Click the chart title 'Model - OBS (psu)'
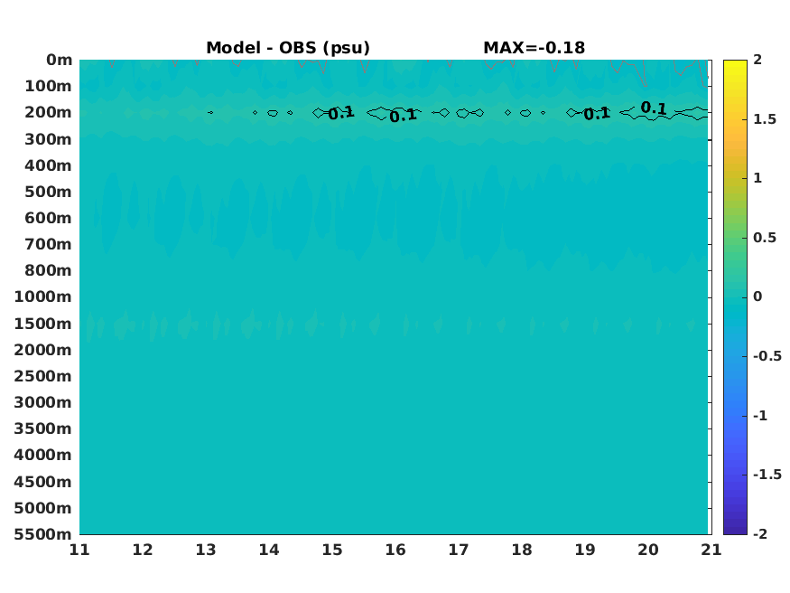click(x=288, y=48)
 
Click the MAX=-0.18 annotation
click(x=534, y=48)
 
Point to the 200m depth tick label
click(x=49, y=112)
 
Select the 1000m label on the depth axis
click(x=42, y=296)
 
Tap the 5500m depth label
click(x=42, y=534)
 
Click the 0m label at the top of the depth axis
click(x=60, y=60)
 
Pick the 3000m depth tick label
click(x=42, y=402)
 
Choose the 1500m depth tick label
click(x=42, y=324)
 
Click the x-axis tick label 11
click(x=79, y=550)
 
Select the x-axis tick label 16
click(x=395, y=550)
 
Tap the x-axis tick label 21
click(x=711, y=550)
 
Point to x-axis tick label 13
click(x=206, y=550)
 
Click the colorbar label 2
click(x=757, y=60)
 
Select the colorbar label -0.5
click(x=767, y=356)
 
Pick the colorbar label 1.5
click(x=765, y=119)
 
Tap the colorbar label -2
click(x=760, y=533)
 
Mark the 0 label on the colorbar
click(x=757, y=296)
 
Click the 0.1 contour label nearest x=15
click(x=341, y=113)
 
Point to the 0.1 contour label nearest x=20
click(x=654, y=108)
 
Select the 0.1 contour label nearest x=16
click(x=403, y=116)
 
